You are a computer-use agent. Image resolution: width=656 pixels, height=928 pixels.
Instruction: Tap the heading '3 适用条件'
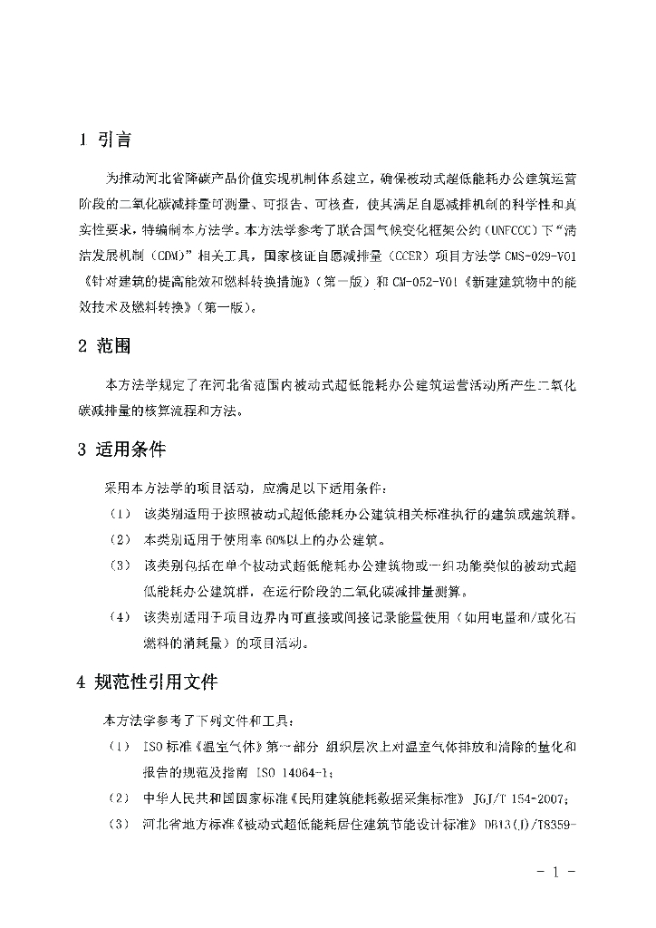coord(121,449)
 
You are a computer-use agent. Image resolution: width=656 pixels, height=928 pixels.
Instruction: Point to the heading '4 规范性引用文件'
coord(147,681)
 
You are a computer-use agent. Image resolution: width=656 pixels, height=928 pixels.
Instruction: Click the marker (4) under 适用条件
coord(120,618)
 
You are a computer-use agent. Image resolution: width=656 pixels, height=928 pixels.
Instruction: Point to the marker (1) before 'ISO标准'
coord(120,747)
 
